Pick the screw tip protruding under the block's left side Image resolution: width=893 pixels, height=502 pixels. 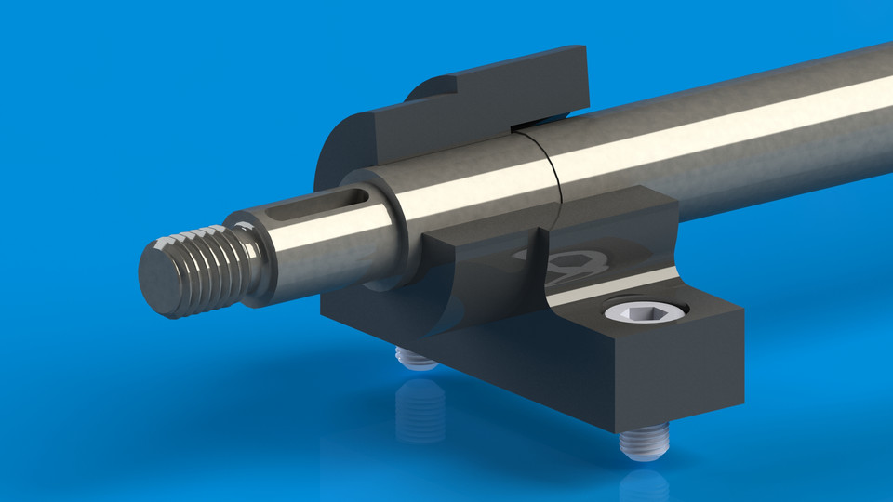point(414,357)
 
